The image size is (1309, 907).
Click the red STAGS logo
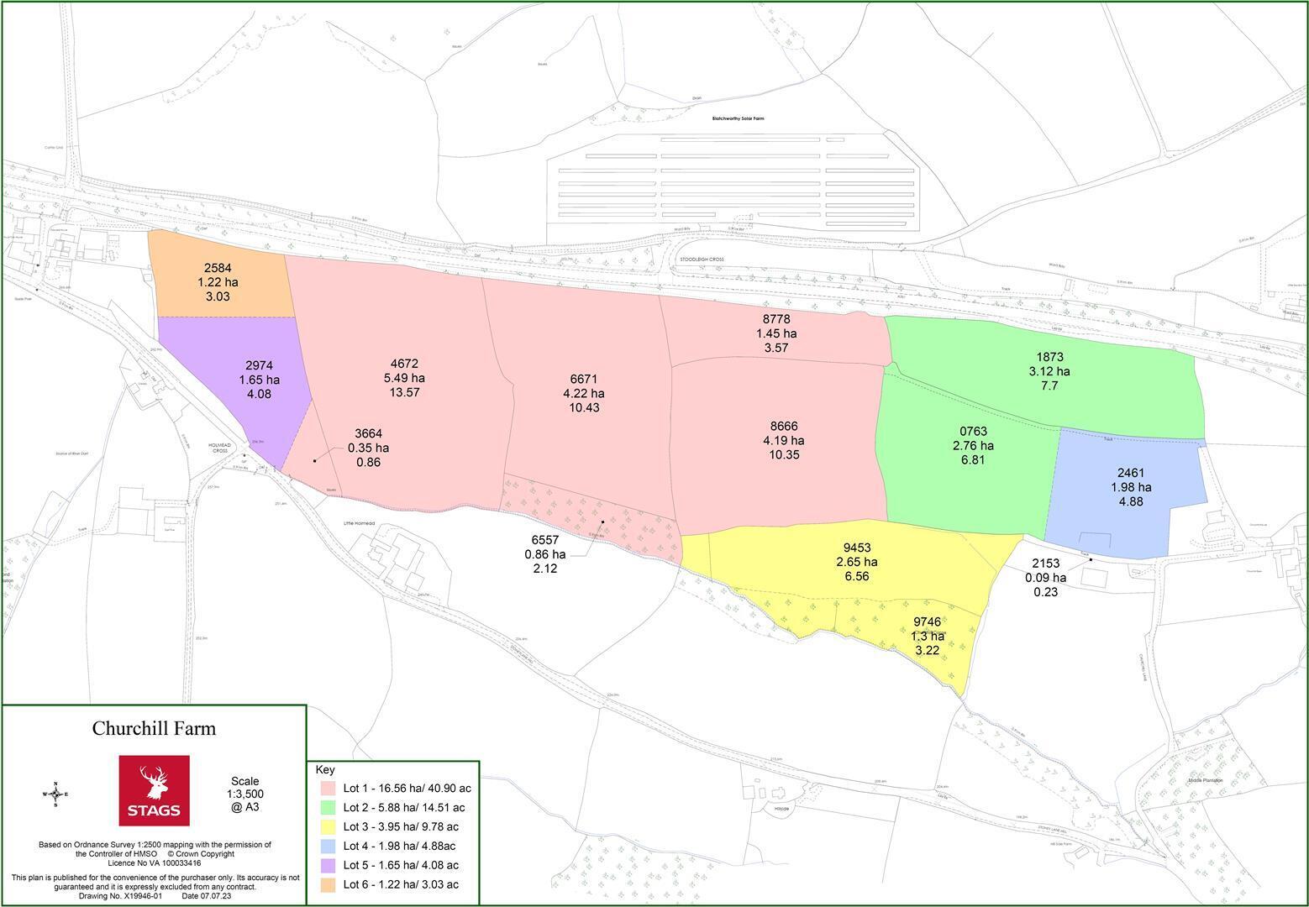click(x=154, y=790)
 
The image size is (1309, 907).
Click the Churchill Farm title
click(x=154, y=728)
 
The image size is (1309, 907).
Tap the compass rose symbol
click(x=55, y=794)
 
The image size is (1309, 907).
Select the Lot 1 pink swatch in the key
click(x=328, y=789)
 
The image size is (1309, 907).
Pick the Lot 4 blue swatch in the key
click(x=328, y=846)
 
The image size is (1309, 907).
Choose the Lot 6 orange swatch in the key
click(x=328, y=884)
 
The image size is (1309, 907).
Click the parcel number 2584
click(x=218, y=269)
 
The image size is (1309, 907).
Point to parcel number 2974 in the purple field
click(x=259, y=365)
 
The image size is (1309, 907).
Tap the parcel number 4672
click(x=404, y=364)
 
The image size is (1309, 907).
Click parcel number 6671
click(x=583, y=379)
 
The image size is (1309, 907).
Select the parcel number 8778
click(x=775, y=319)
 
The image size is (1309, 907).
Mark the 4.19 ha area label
click(x=783, y=440)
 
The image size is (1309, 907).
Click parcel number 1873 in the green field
click(x=1049, y=357)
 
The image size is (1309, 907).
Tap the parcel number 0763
click(x=973, y=431)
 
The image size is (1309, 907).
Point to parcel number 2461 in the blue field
click(x=1131, y=473)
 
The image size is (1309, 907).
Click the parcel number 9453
click(x=856, y=548)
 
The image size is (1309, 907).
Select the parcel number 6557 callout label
click(x=544, y=540)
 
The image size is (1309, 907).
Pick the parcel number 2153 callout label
click(x=1045, y=564)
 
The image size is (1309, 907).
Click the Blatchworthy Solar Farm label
click(x=738, y=118)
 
